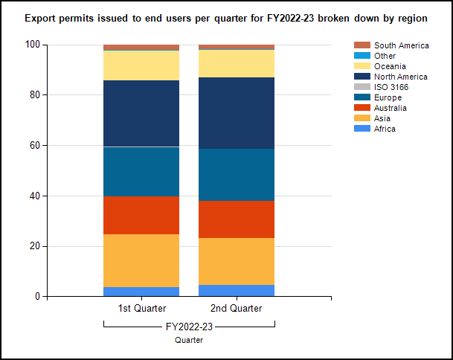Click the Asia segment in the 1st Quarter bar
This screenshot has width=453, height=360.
tap(141, 260)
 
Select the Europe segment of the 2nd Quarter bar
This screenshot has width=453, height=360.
tap(237, 175)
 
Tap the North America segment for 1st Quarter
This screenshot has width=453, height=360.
tap(141, 113)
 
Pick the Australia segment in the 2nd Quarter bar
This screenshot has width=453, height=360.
tap(237, 219)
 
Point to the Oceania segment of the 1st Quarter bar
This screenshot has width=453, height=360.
tap(141, 65)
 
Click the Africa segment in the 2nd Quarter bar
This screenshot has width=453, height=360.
tap(237, 291)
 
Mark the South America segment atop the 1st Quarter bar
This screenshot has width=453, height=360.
tap(141, 48)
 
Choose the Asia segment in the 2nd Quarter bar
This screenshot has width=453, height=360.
tap(237, 261)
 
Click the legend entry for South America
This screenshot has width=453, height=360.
tap(401, 45)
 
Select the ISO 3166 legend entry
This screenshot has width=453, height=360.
tap(391, 87)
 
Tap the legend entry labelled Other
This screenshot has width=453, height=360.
tap(385, 56)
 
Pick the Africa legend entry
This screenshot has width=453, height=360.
tap(385, 129)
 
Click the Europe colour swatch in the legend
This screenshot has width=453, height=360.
tap(362, 97)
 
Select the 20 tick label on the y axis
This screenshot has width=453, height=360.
tap(34, 246)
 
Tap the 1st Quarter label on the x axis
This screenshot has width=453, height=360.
tap(141, 308)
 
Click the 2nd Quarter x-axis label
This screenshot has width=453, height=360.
tap(237, 308)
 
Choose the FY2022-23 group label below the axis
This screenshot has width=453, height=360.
tap(189, 325)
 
